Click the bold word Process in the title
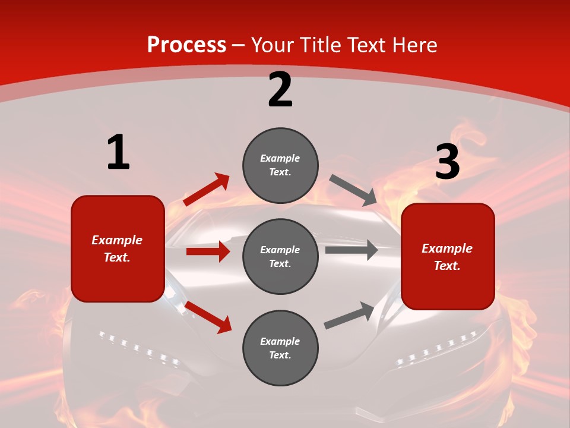tap(186, 45)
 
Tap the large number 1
tap(118, 153)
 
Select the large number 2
tap(280, 90)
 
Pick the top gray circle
tap(280, 165)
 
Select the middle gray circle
tap(280, 256)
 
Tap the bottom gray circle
tap(280, 348)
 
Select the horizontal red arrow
tap(208, 251)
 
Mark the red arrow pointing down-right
tap(208, 317)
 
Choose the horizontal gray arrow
tap(351, 250)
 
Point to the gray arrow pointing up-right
tap(349, 316)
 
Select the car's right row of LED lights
tap(437, 348)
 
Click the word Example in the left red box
tap(117, 240)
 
